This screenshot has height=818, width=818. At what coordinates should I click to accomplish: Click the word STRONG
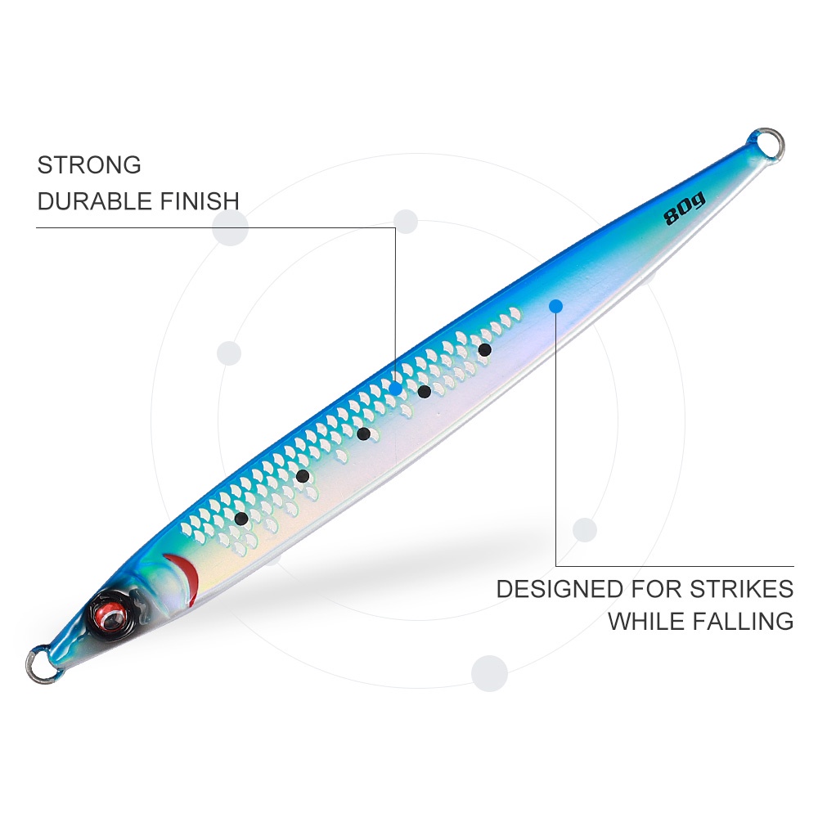[x=89, y=165]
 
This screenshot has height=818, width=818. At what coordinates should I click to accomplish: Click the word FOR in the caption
[x=656, y=589]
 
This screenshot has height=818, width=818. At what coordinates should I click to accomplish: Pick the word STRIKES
[x=741, y=589]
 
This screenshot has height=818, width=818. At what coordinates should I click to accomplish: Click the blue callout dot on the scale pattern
[x=396, y=388]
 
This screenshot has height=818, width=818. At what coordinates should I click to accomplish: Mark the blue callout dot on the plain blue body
[x=556, y=306]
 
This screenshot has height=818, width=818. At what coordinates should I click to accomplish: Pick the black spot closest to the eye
[x=241, y=518]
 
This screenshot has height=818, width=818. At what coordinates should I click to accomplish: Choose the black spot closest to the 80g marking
[x=484, y=349]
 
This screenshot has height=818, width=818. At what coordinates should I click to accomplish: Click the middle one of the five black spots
[x=364, y=434]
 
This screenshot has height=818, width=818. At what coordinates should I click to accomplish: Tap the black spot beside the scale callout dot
[x=424, y=391]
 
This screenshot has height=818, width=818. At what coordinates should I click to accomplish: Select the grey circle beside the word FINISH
[x=230, y=227]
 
